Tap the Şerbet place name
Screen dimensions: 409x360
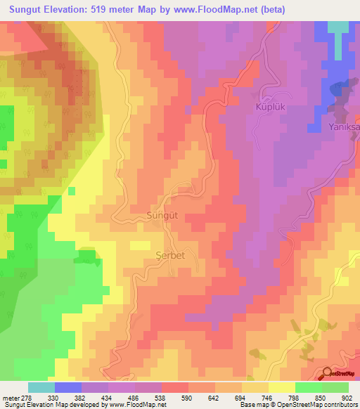[x=169, y=255]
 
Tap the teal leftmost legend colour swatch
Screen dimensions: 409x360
[x=41, y=387]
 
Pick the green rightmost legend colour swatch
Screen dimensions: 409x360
[x=335, y=387]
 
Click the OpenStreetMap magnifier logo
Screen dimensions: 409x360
[x=328, y=373]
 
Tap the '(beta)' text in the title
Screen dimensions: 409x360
[x=265, y=10]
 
